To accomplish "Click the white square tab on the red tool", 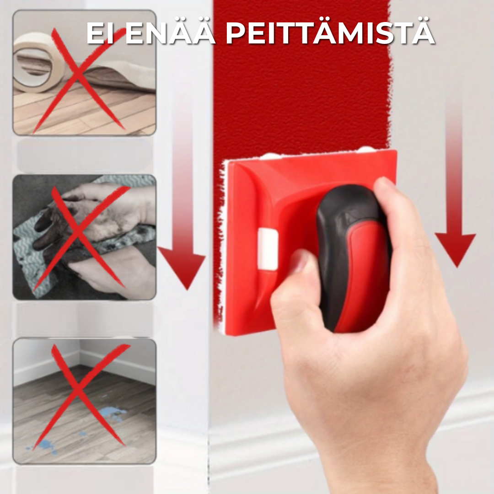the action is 268,249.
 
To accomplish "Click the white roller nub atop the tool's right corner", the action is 365,149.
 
